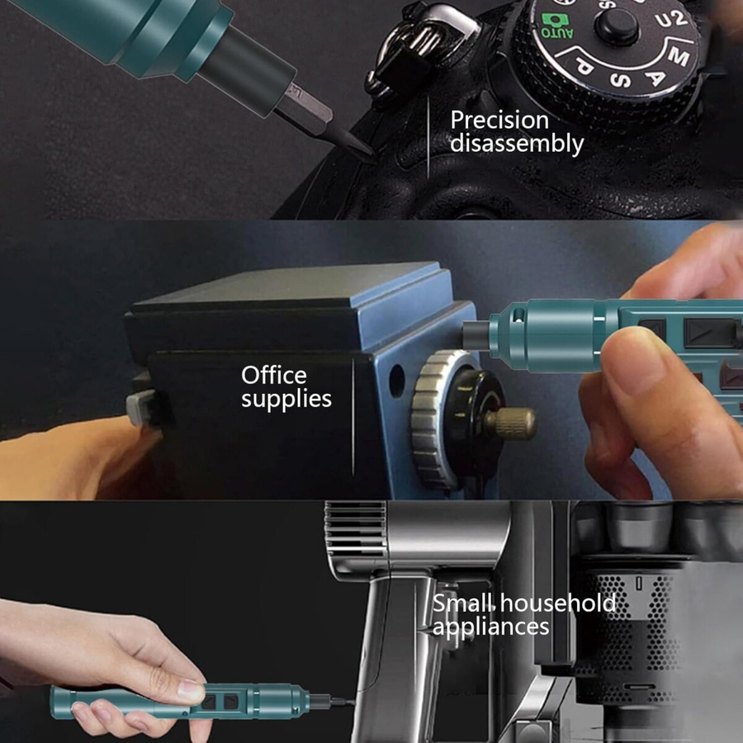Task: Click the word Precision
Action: pos(499,121)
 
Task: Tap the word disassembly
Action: pos(517,144)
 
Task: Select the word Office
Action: pos(274,376)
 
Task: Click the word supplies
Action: pos(286,400)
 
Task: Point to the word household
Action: pos(558,603)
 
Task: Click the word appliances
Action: pos(491,627)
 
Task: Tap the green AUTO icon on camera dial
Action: pos(557,26)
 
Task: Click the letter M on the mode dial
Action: pos(679,57)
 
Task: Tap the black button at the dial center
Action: pos(617,25)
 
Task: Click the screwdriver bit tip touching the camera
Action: pos(373,155)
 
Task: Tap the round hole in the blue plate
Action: pos(396,380)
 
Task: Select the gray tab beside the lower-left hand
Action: pos(139,408)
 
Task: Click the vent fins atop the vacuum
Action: pos(355,529)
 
